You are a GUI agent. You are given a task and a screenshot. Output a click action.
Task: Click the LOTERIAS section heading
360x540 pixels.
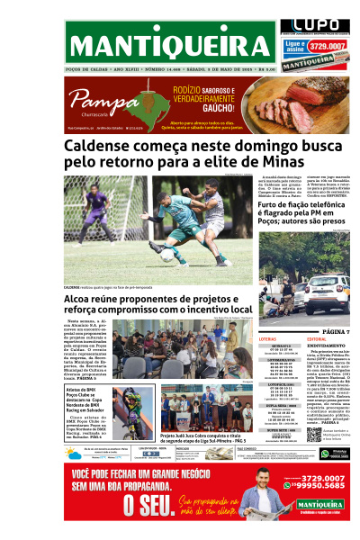point(267,339)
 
